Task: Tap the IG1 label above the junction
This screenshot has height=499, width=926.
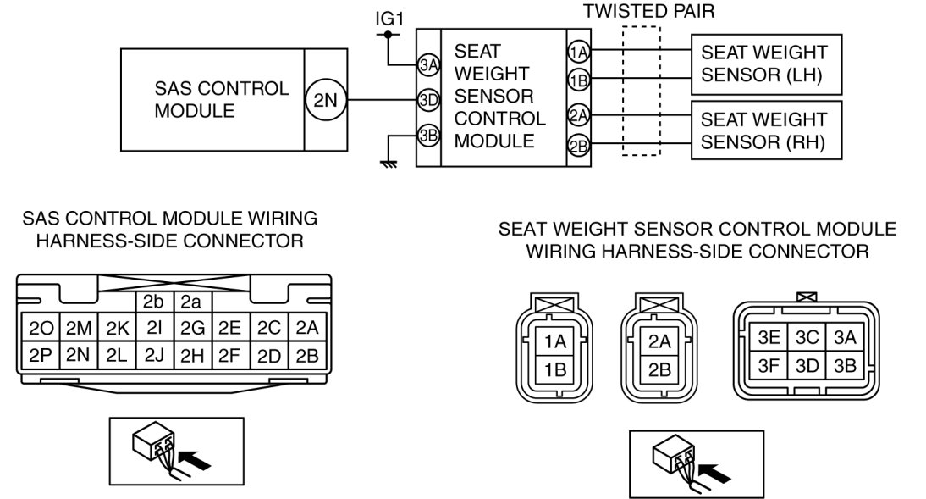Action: (x=388, y=17)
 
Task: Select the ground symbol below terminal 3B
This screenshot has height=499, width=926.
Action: (x=389, y=163)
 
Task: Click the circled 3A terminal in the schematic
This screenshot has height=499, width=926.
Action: (x=427, y=64)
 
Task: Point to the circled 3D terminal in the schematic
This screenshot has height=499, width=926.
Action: (x=427, y=100)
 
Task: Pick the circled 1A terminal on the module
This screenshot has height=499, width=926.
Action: (x=578, y=51)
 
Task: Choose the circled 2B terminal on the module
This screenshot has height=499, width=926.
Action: (x=578, y=146)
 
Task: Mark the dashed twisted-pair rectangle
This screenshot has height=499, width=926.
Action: (x=641, y=90)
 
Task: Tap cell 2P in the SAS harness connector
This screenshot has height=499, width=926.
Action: (x=40, y=354)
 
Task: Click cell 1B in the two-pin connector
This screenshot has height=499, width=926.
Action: (x=555, y=368)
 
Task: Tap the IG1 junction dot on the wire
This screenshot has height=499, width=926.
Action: (x=388, y=36)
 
